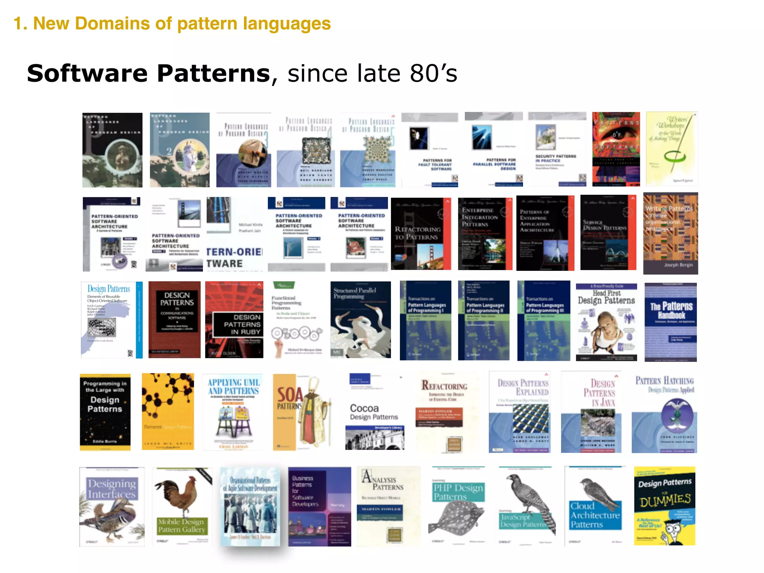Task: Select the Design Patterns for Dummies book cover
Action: tap(664, 506)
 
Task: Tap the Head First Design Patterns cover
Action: tap(606, 322)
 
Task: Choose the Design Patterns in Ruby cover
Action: tap(234, 320)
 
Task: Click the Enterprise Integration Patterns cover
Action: tap(485, 234)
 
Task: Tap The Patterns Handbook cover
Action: tap(671, 322)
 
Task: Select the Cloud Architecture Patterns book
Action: tap(595, 506)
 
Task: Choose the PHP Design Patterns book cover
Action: tap(458, 506)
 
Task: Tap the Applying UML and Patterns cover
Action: tap(233, 413)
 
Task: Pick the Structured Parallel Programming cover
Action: tap(360, 320)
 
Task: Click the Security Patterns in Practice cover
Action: tap(557, 149)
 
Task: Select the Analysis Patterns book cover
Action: tap(388, 506)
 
